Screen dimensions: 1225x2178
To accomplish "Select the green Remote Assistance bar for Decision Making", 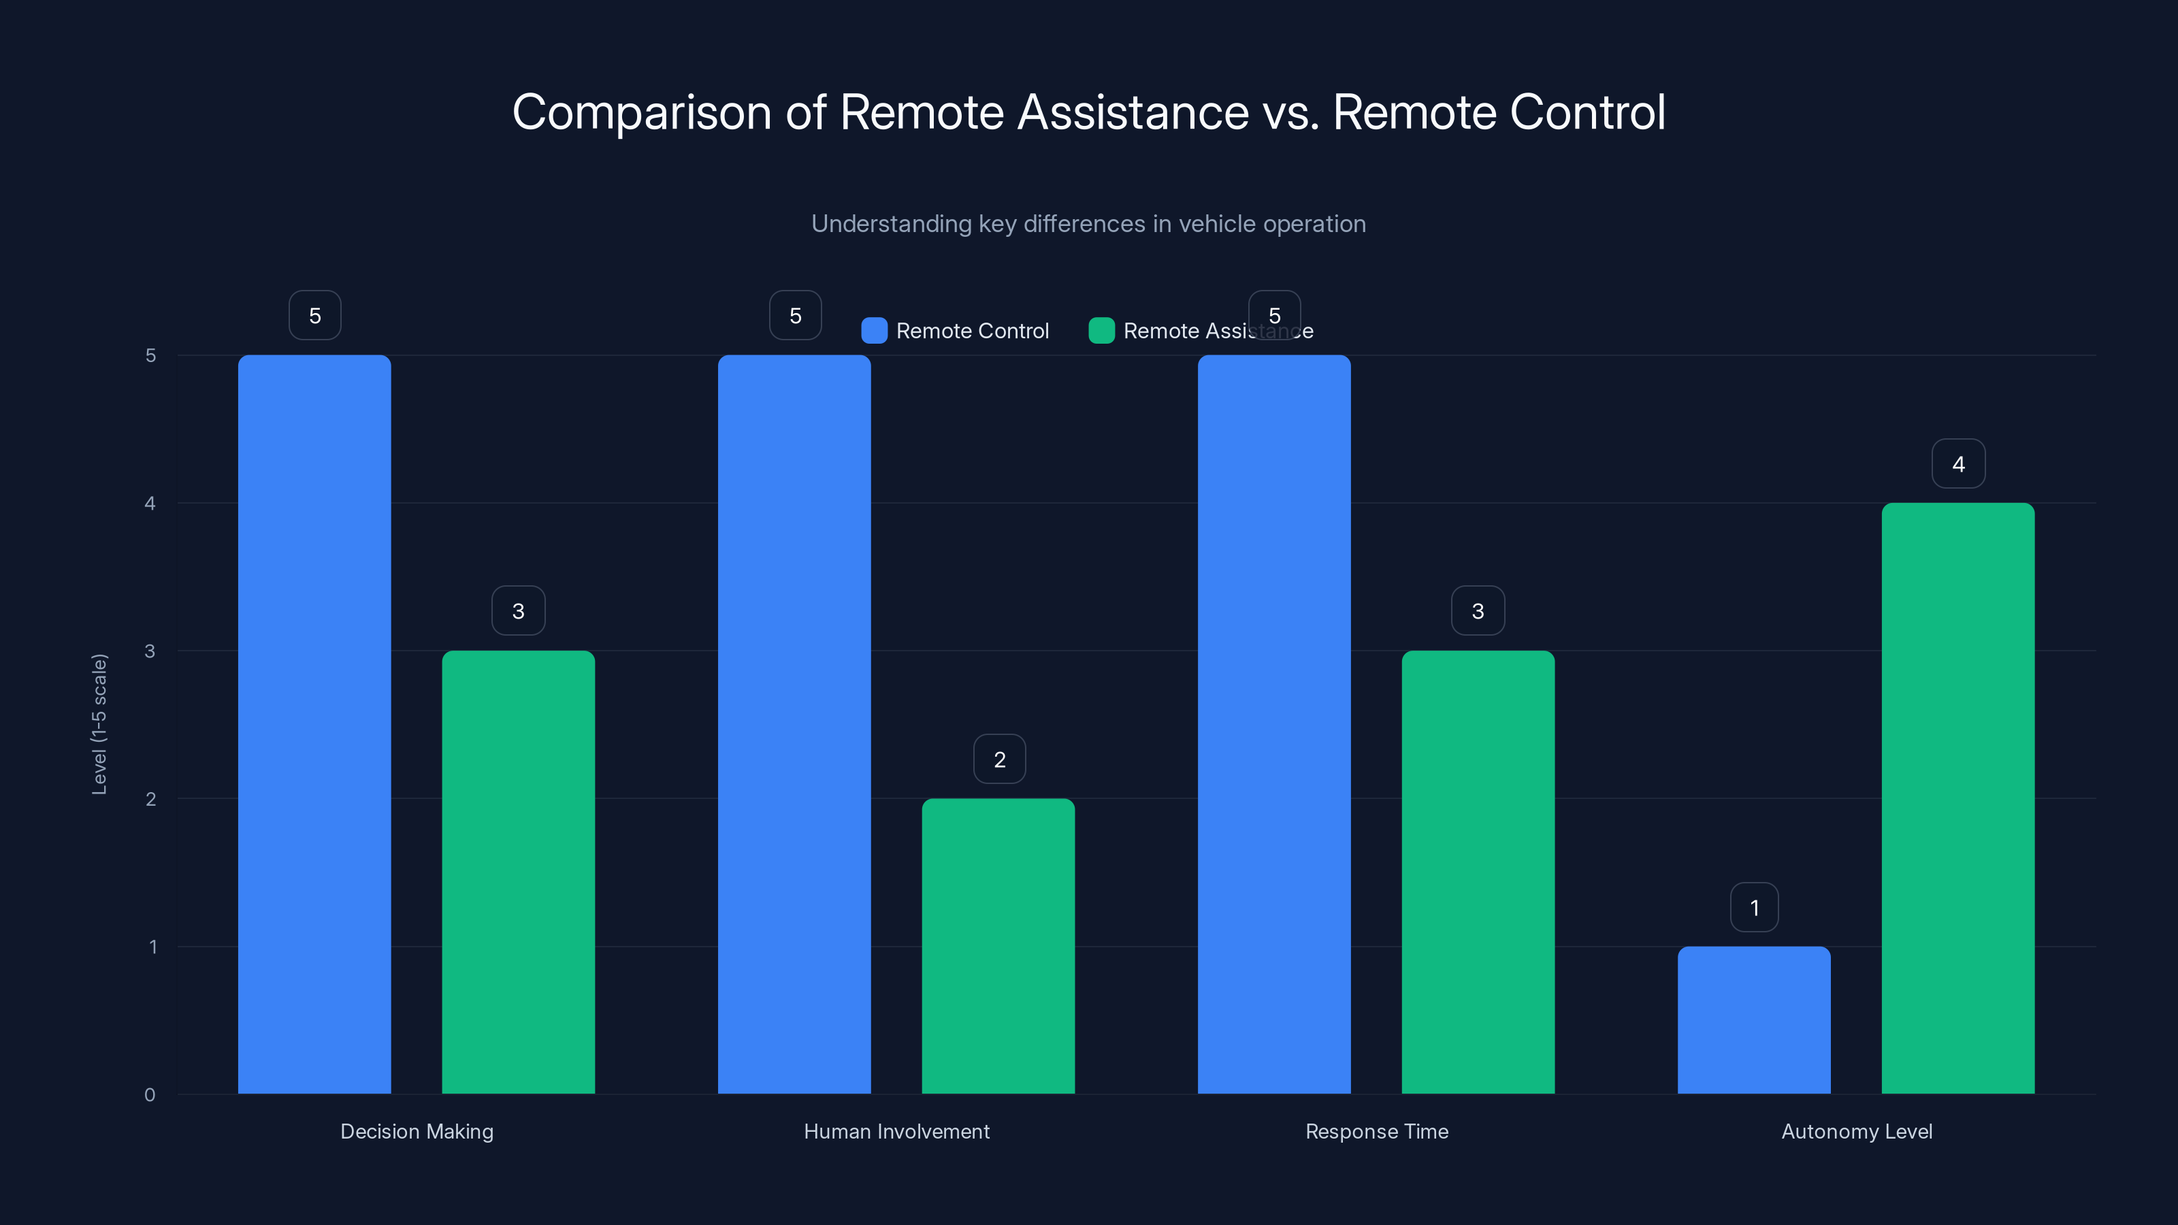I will tap(518, 872).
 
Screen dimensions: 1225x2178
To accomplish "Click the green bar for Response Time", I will tap(1478, 872).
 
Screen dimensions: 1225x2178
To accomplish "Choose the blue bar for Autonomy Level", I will tap(1753, 1019).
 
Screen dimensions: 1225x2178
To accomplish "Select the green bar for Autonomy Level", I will tap(1957, 798).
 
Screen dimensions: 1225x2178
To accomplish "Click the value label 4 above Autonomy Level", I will tap(1958, 463).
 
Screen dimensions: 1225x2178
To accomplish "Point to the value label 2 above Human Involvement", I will tap(999, 759).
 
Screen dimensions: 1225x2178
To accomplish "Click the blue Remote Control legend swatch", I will tap(874, 331).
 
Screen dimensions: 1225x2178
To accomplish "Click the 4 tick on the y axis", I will tap(150, 503).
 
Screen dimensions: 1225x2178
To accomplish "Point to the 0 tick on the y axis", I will tap(150, 1095).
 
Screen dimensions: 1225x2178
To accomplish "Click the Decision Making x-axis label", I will tap(417, 1131).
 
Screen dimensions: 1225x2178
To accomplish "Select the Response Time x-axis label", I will tap(1376, 1131).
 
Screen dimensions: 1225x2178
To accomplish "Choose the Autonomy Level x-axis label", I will tap(1857, 1131).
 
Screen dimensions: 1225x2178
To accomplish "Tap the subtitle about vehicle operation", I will tap(1088, 224).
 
